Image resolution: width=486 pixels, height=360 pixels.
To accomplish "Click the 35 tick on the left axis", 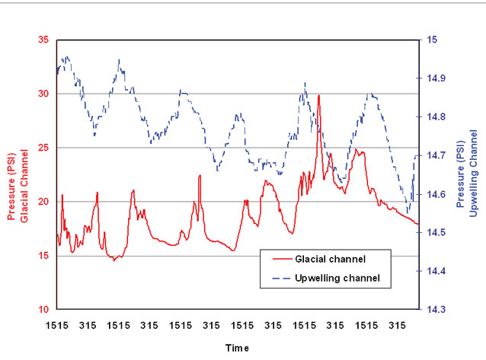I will (x=41, y=40).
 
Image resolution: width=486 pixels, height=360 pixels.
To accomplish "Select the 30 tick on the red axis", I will (x=41, y=94).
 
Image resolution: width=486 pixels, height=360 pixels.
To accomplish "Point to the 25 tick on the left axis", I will (x=41, y=148).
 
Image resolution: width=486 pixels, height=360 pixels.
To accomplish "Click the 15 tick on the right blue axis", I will (x=432, y=40).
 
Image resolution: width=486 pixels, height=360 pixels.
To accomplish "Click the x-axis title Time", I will (x=238, y=346).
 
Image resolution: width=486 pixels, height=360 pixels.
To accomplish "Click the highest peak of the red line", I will (x=319, y=96).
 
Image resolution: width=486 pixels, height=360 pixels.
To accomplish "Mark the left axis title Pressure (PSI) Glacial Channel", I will (x=18, y=174).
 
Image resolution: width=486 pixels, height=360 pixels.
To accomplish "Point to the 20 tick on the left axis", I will (x=41, y=202).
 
